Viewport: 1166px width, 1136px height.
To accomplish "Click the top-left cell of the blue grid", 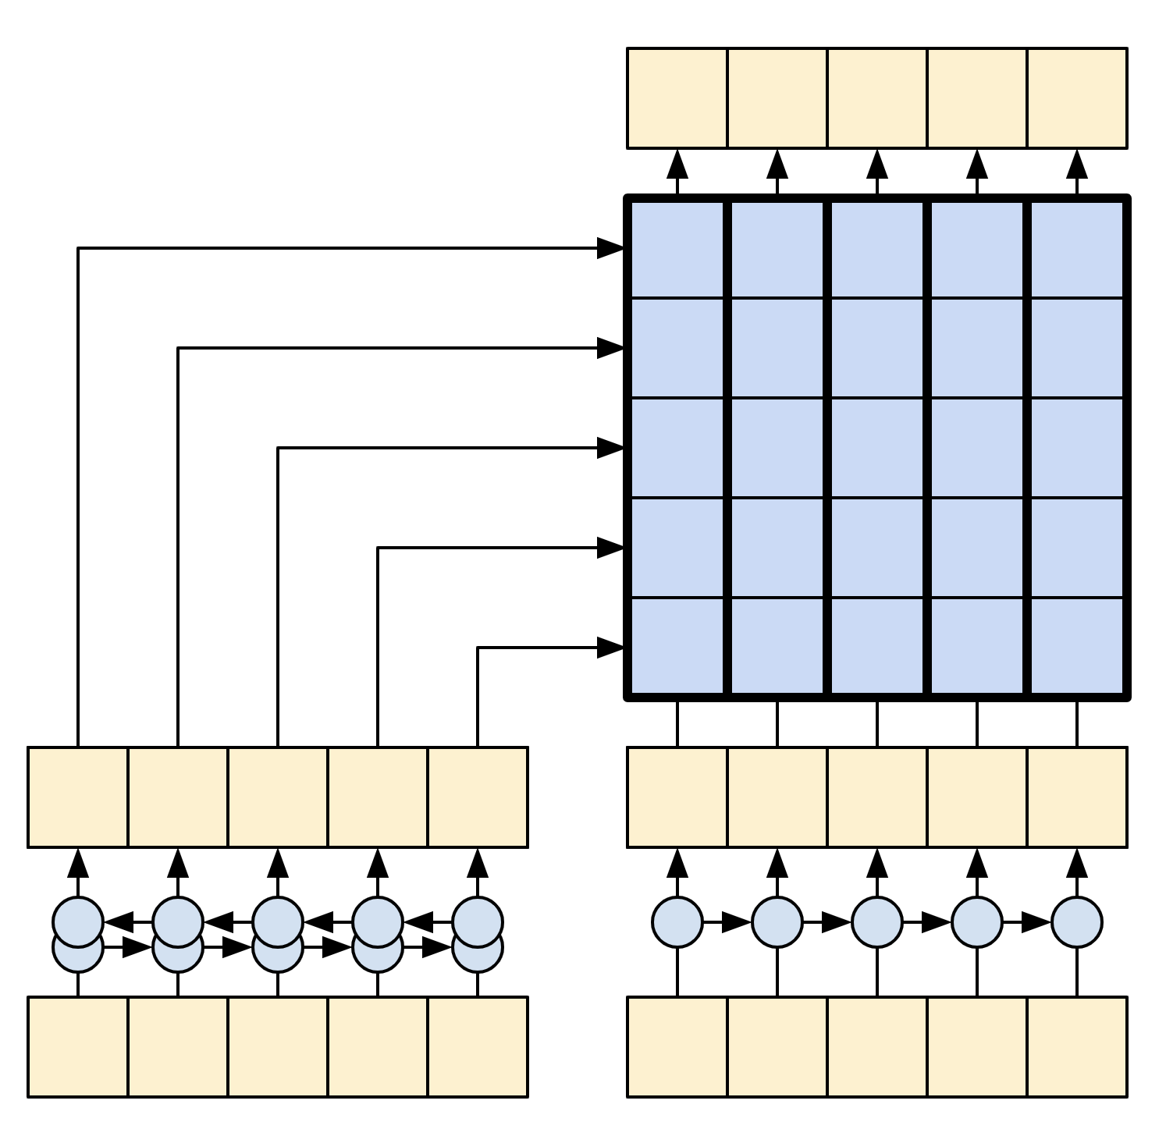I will click(677, 249).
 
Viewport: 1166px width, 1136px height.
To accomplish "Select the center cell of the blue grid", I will click(876, 448).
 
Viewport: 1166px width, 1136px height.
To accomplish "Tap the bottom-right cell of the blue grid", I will click(1077, 646).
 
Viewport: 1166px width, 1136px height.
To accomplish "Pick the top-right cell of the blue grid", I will click(1077, 249).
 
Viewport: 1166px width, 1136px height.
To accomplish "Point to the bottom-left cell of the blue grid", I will click(677, 646).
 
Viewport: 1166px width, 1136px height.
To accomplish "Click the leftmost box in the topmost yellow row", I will click(677, 98).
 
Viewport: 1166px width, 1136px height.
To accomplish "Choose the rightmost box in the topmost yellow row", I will click(1077, 98).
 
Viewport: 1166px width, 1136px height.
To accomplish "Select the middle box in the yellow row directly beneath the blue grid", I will click(877, 797).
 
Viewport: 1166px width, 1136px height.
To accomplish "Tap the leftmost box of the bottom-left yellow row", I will click(78, 1046).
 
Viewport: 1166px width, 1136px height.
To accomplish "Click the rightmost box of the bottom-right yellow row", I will click(1077, 1046).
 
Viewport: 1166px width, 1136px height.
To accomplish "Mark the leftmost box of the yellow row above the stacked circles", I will click(78, 797).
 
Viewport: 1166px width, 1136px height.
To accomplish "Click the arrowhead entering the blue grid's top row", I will click(610, 249).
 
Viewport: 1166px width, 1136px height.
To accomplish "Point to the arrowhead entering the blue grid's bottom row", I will click(610, 648).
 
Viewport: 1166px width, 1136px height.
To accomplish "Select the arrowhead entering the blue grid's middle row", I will click(610, 448).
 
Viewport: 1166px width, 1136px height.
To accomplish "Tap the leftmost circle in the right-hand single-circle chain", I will click(677, 922).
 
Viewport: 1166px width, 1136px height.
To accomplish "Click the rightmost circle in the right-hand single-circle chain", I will click(1077, 922).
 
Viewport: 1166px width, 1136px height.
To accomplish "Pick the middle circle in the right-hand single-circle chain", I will click(877, 922).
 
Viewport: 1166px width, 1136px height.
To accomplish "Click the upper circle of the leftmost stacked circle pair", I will click(78, 921).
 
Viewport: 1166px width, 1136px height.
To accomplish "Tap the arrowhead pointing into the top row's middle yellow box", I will click(877, 164).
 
